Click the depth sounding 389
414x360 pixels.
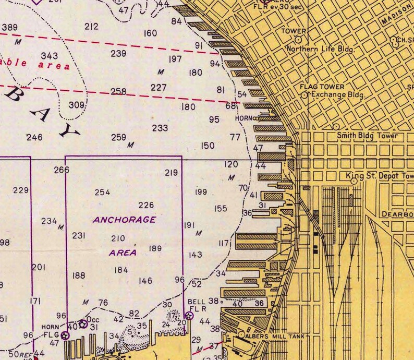10,27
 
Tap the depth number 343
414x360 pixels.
50,55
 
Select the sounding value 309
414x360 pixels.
76,105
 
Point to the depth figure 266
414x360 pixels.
62,170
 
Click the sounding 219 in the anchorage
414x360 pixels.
171,173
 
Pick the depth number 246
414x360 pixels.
34,138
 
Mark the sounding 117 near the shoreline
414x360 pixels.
224,243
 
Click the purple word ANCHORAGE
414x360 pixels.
124,220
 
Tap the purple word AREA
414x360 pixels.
123,253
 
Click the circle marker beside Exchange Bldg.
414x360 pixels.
305,95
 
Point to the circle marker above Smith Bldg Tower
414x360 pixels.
336,126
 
